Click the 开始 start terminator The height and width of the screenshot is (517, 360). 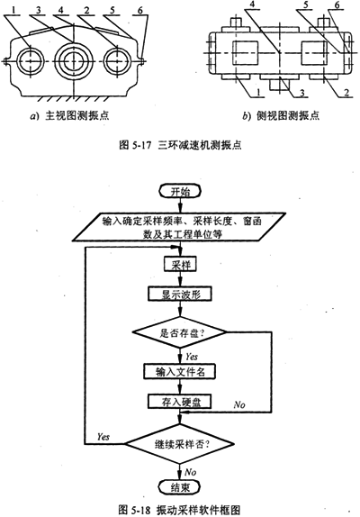[x=180, y=192]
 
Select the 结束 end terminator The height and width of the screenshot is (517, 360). [x=180, y=487]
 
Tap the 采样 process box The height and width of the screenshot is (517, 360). [x=180, y=265]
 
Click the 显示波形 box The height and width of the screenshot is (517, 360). [x=180, y=294]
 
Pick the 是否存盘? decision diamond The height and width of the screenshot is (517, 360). [x=179, y=332]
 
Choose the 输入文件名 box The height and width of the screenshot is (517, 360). [x=180, y=372]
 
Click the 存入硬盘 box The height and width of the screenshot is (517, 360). [x=180, y=402]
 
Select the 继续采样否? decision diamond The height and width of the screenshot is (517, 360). [x=180, y=444]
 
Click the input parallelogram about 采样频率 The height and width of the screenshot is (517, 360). [x=179, y=226]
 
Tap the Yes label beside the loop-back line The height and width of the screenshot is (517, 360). [x=103, y=436]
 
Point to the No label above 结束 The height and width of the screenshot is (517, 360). [x=191, y=472]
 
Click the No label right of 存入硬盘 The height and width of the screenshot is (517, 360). [x=239, y=404]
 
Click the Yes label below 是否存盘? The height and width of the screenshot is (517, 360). [x=192, y=357]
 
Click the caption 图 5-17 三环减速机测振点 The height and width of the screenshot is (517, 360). [x=180, y=145]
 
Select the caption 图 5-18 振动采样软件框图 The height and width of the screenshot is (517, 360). [x=179, y=510]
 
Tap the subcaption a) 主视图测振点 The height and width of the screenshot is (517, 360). [x=69, y=115]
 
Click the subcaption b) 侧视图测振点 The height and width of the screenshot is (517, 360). [x=281, y=115]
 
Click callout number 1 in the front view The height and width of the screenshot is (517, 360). [x=13, y=11]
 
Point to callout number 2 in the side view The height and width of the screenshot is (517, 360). [x=346, y=93]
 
